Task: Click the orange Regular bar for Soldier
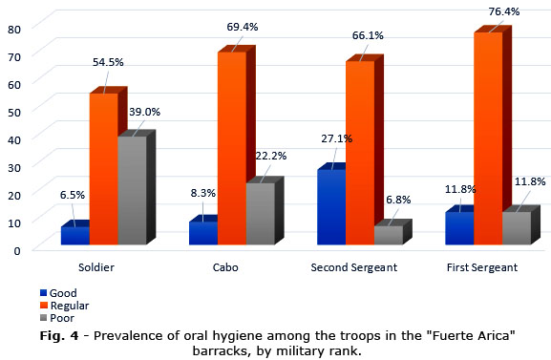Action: tap(104, 169)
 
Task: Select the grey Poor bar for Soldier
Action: tap(132, 190)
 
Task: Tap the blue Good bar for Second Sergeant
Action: tap(331, 207)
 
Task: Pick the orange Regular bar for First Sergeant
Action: tap(488, 138)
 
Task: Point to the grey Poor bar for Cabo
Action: tap(261, 214)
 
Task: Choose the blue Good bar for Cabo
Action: tap(203, 233)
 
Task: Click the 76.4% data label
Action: tap(504, 11)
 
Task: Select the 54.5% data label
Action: tap(108, 62)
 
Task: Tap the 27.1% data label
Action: tap(337, 138)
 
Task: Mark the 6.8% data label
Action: tap(398, 200)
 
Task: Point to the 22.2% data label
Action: tap(271, 156)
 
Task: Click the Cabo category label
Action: tap(225, 267)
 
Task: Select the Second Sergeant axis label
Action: tap(354, 267)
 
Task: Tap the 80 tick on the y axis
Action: tap(14, 30)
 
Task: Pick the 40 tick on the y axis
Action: tap(14, 140)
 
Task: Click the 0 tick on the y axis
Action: tap(17, 251)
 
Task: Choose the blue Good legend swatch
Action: tap(44, 293)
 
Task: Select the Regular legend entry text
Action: tap(70, 306)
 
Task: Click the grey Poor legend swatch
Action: tap(44, 318)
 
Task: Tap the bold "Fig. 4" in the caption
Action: tap(59, 335)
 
